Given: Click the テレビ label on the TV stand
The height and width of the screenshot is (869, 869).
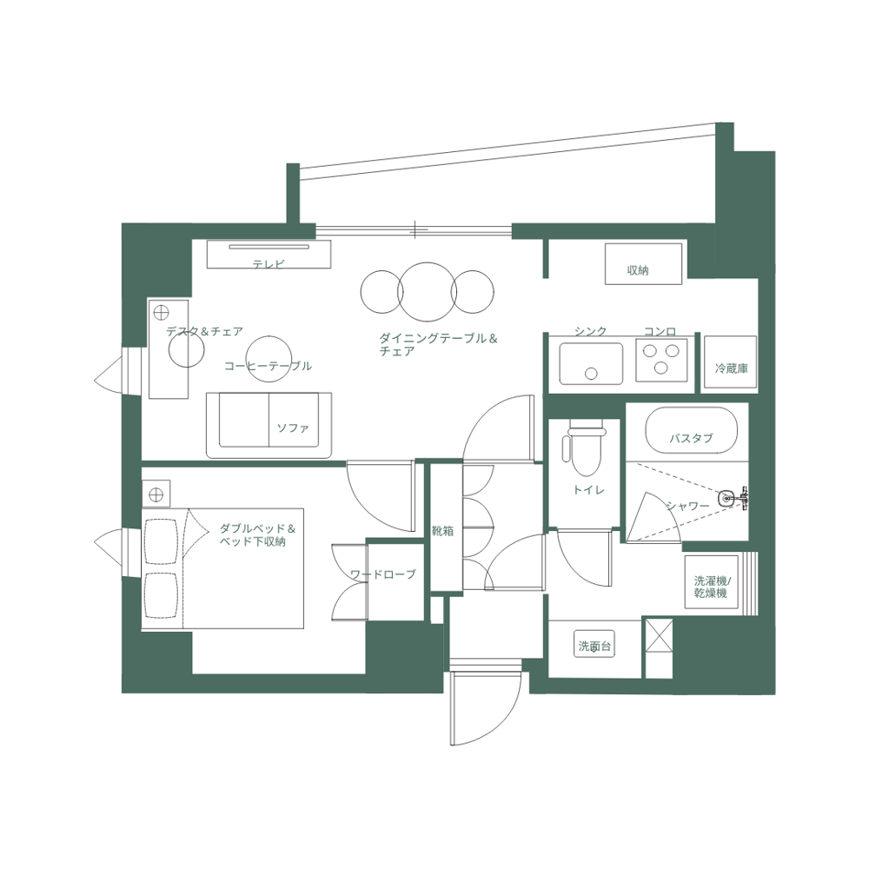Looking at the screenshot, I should [269, 262].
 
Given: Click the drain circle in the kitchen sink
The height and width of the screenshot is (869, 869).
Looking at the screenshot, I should [591, 373].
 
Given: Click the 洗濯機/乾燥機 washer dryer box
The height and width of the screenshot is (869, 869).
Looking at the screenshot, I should [711, 582].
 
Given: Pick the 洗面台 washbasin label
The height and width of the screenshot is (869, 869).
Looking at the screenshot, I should [596, 646].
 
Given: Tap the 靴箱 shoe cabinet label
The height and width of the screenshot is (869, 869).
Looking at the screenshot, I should [443, 531].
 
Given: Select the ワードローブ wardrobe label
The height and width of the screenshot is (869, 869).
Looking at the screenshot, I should [382, 574].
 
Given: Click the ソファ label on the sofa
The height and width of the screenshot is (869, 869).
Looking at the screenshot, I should [293, 428].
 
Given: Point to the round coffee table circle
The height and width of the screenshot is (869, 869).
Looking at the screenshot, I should [268, 356].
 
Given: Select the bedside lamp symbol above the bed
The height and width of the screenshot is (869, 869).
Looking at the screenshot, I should [156, 494].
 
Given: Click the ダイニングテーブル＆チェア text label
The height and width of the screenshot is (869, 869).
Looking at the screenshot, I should [437, 344].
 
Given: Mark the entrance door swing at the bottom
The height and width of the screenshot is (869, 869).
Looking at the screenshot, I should [485, 708].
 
